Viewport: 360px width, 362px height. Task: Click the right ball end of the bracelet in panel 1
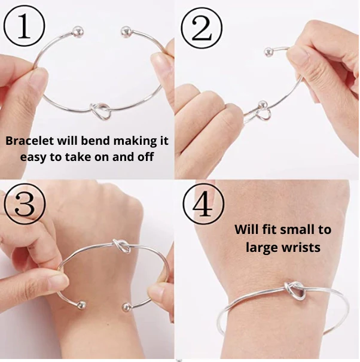tap(126, 31)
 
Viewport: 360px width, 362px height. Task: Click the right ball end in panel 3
tap(126, 308)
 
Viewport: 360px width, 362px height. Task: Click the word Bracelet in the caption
tap(30, 142)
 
